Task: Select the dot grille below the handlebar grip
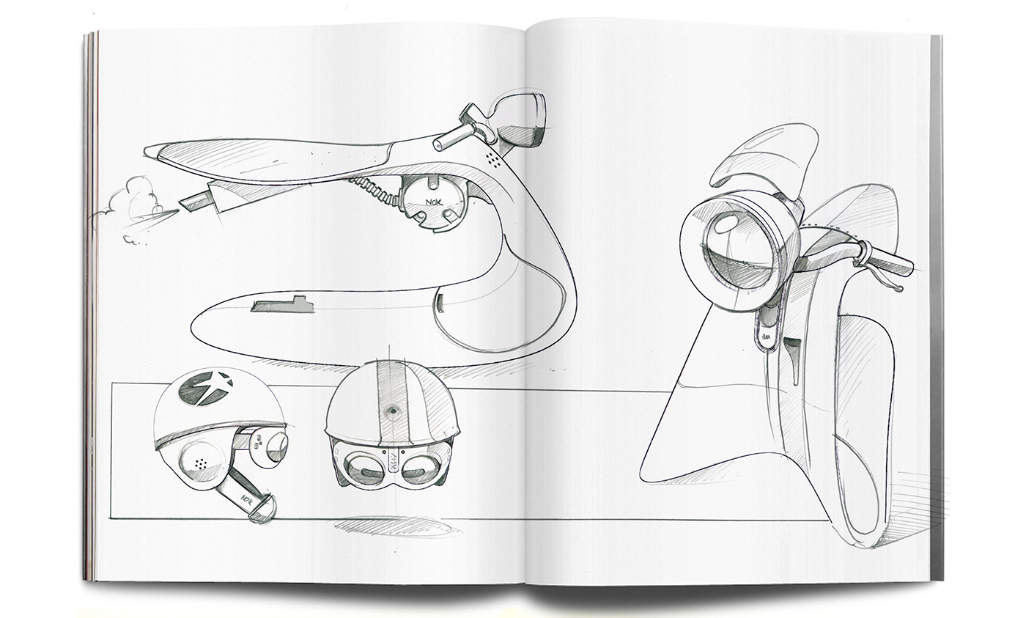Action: pyautogui.click(x=495, y=158)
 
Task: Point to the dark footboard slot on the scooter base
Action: pyautogui.click(x=282, y=305)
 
